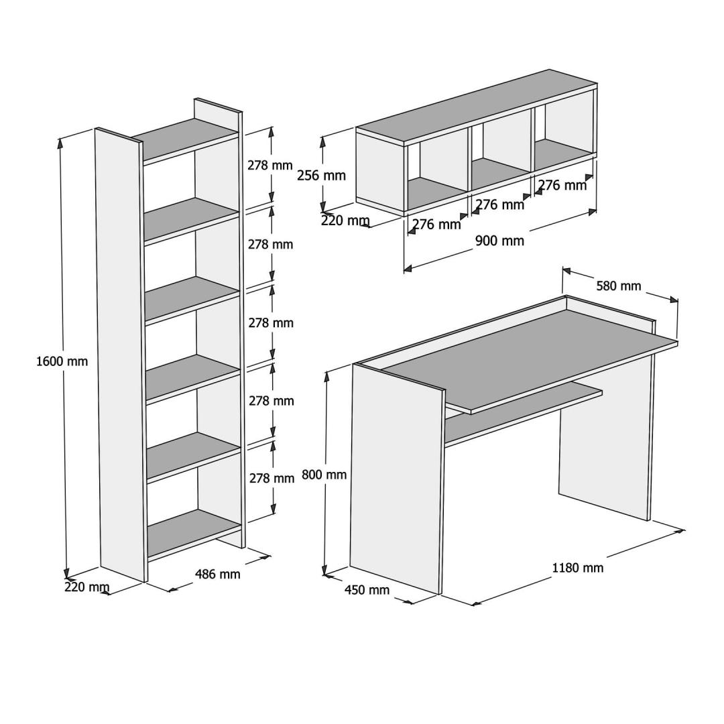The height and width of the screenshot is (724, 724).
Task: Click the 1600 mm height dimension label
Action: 62,361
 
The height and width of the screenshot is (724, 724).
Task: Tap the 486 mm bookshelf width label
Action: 217,574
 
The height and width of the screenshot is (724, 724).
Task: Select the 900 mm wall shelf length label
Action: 499,241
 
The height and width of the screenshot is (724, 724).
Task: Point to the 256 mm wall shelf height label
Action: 321,176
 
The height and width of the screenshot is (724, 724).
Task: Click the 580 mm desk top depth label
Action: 619,286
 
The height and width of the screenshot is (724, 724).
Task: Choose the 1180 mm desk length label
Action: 578,568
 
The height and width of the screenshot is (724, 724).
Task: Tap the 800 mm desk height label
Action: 324,474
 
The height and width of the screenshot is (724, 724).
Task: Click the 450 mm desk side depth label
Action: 367,590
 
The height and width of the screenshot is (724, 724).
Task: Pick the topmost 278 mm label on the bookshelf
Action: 270,166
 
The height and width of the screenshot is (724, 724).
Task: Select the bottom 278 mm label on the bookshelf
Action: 272,479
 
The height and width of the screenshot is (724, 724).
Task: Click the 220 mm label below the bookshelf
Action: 86,587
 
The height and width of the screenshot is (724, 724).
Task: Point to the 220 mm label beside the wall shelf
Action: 345,221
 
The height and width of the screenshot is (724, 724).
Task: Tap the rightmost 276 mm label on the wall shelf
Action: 562,185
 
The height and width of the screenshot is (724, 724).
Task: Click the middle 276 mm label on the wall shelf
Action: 500,204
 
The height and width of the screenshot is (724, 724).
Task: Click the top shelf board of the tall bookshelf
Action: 185,139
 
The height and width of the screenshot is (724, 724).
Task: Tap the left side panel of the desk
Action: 396,478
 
